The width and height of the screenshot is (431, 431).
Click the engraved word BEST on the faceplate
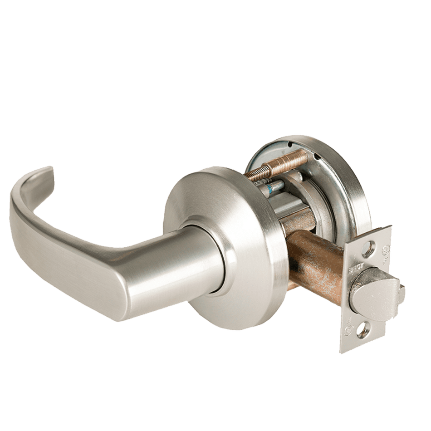coord(356,268)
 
